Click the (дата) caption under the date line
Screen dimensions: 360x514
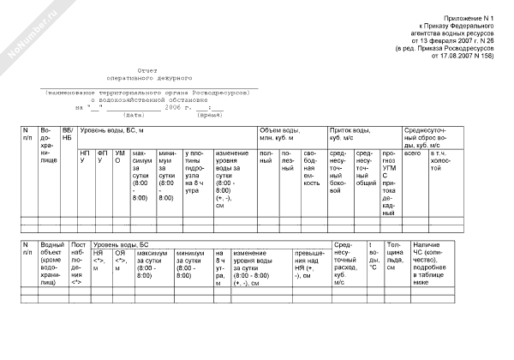coord(134,114)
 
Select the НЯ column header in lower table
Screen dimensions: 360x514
coord(99,257)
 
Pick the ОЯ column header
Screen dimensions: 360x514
coord(121,257)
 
